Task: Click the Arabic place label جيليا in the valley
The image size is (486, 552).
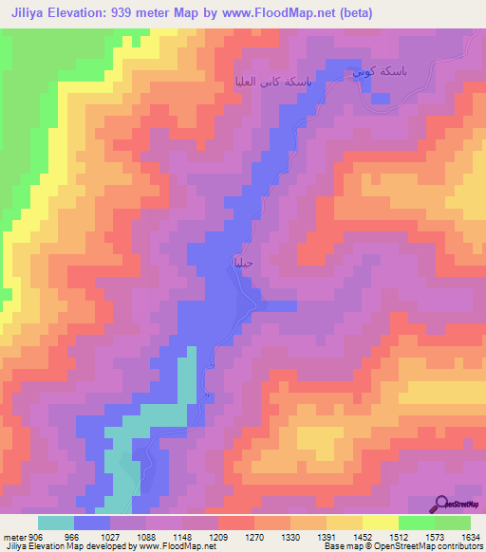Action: tap(242, 262)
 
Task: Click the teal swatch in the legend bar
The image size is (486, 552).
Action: tap(56, 523)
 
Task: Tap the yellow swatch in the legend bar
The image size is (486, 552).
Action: tap(345, 523)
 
